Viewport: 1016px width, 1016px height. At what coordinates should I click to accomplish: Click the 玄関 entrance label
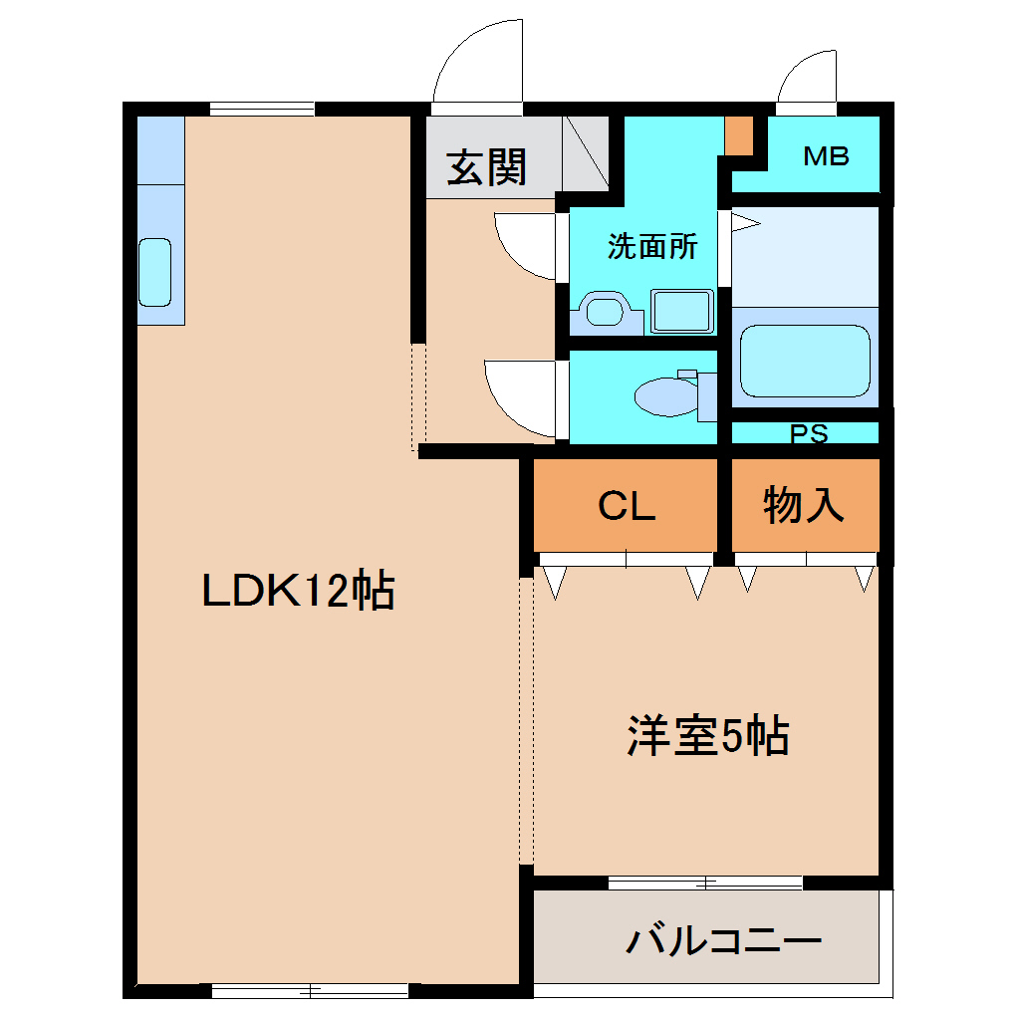485,167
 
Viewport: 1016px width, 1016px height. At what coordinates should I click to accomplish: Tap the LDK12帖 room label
299,592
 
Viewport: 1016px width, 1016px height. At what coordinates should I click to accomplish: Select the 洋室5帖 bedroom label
707,737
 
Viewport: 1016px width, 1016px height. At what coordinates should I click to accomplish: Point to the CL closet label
627,506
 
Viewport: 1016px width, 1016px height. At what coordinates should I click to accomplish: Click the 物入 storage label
804,505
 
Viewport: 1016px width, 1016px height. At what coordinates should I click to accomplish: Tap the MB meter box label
827,156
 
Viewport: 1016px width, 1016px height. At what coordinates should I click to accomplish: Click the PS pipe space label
808,434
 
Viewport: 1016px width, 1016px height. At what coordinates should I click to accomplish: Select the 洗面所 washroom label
652,247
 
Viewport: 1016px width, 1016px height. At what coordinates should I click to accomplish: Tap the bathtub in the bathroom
805,361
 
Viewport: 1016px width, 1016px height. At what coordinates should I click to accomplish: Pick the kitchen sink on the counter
154,272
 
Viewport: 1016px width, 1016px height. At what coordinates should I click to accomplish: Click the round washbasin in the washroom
603,311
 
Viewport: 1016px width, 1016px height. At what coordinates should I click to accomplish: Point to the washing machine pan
682,311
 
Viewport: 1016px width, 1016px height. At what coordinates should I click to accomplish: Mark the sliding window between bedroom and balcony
704,882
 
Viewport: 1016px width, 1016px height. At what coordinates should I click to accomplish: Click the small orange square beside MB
738,135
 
